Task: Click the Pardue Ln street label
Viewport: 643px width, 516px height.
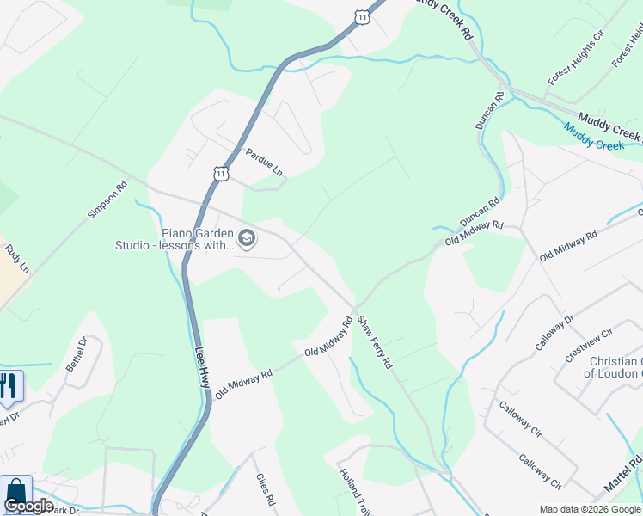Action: click(x=264, y=162)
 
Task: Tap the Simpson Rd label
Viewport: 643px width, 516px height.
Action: click(x=107, y=201)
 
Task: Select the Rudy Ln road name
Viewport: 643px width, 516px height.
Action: click(x=17, y=257)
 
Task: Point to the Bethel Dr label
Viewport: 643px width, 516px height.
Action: click(x=77, y=354)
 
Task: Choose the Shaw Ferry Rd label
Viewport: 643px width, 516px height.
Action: click(x=375, y=341)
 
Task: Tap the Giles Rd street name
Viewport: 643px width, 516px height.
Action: click(x=265, y=489)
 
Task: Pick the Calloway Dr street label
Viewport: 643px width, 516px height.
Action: click(x=554, y=333)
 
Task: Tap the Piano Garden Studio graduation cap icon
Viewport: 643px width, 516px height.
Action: click(x=247, y=238)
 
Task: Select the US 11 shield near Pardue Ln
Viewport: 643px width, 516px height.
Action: click(x=222, y=174)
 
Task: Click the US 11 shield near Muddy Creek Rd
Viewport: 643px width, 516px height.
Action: click(x=363, y=16)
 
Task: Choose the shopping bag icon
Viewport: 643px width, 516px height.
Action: click(x=15, y=493)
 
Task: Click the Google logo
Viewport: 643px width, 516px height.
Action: click(x=28, y=506)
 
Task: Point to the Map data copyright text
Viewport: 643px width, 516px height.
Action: click(x=589, y=508)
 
